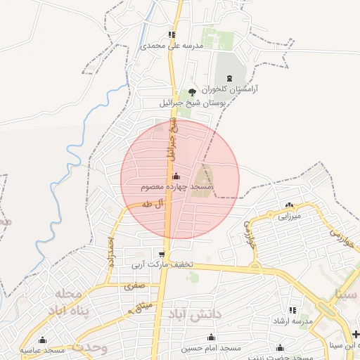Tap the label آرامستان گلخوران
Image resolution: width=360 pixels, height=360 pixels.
pos(229,89)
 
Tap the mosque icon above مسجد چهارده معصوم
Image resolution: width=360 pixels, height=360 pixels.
pos(175,176)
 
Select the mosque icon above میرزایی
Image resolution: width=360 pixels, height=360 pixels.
pos(289,205)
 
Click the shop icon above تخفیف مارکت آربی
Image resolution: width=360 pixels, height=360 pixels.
pos(163,255)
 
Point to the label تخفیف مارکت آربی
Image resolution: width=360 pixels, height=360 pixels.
pos(163,266)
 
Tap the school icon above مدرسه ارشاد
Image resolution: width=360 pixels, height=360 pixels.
pos(293,310)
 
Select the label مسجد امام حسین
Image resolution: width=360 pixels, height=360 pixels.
pos(212,348)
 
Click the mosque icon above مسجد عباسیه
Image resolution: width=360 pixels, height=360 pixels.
pos(43,340)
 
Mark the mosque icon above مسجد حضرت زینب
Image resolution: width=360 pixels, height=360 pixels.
pos(281,347)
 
